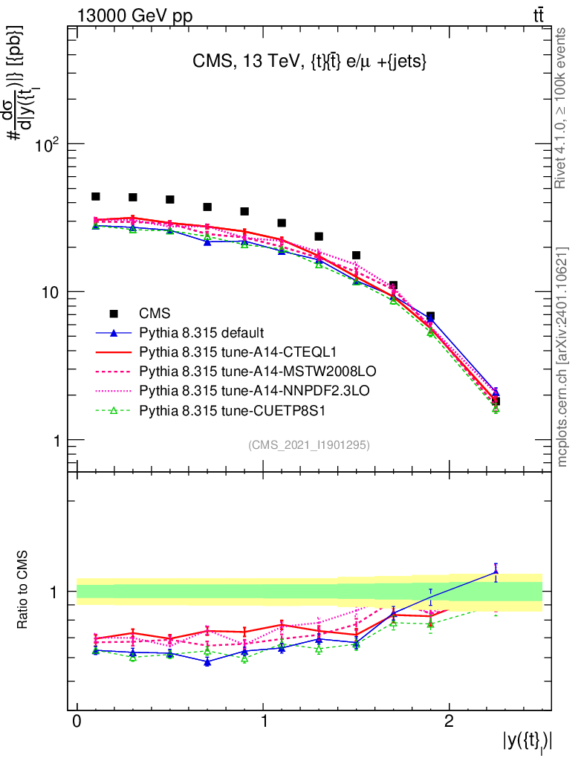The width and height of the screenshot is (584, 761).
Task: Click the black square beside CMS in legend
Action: click(x=114, y=313)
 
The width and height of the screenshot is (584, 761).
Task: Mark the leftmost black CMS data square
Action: click(x=96, y=196)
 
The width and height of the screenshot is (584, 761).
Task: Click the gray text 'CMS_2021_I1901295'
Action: click(x=308, y=444)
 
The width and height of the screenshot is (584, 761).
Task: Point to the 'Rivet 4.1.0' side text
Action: click(x=562, y=108)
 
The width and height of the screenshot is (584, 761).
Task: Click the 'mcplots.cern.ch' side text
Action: click(x=562, y=357)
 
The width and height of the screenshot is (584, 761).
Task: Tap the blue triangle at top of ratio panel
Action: click(x=496, y=571)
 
